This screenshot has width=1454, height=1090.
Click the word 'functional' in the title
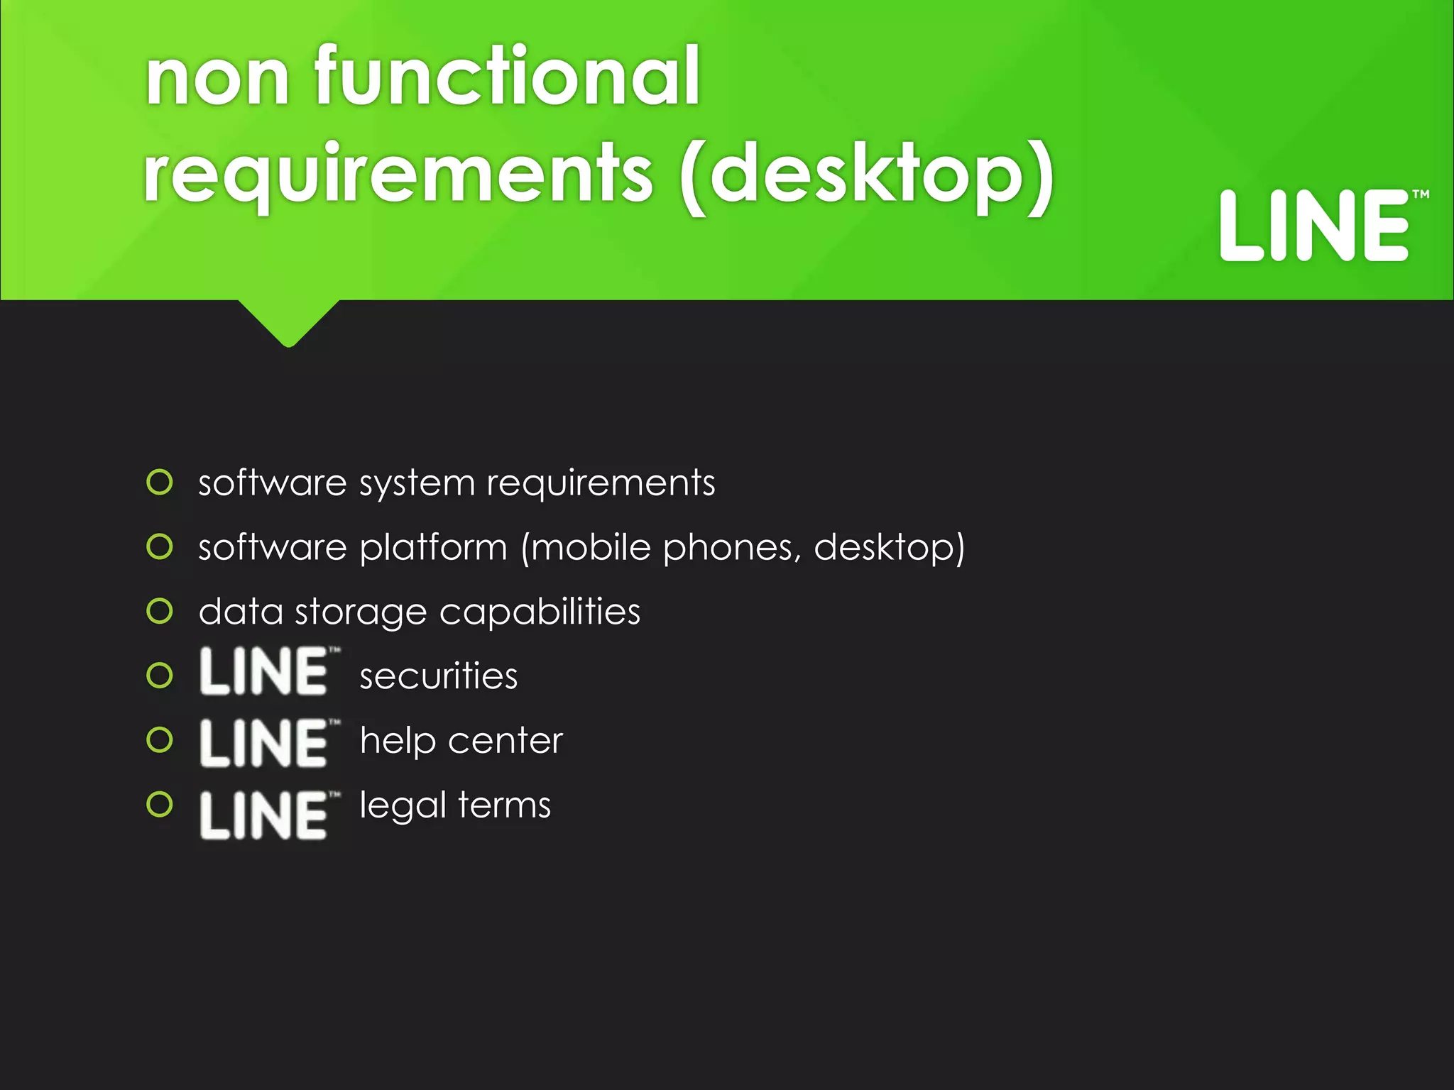coord(507,76)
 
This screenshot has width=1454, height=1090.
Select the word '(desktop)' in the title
coord(866,175)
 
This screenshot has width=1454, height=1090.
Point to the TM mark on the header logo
coord(1420,194)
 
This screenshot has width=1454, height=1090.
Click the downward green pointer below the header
coord(288,323)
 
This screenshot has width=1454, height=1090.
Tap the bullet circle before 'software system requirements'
coord(160,483)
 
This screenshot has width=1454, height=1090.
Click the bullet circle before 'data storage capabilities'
coord(160,611)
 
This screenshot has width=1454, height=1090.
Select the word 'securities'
coord(439,676)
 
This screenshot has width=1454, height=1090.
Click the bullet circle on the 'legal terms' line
coord(160,805)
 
